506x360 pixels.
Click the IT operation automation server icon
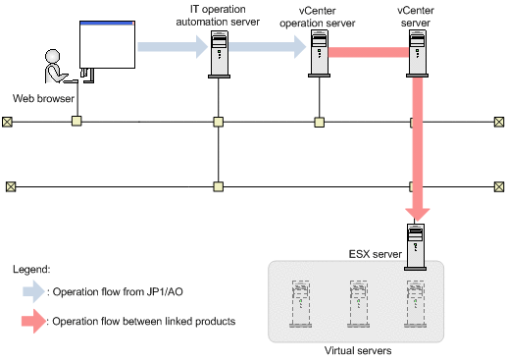click(x=219, y=54)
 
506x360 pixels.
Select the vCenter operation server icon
click(x=319, y=54)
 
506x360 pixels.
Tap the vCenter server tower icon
click(x=418, y=54)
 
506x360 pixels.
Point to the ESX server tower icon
click(x=415, y=247)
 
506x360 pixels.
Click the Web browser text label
click(x=43, y=98)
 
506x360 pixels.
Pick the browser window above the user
click(x=107, y=44)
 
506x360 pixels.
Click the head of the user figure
click(x=53, y=56)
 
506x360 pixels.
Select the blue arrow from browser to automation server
click(x=173, y=47)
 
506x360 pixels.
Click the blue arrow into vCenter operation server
click(x=268, y=47)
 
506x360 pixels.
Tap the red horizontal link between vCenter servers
click(x=369, y=52)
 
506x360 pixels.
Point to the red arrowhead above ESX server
click(x=418, y=214)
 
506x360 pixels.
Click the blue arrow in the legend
click(x=33, y=291)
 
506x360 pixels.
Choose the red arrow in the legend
click(x=33, y=321)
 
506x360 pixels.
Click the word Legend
click(x=31, y=270)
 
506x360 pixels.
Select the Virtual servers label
click(x=358, y=350)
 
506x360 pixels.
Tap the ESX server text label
click(x=376, y=254)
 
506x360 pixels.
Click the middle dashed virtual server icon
click(x=359, y=304)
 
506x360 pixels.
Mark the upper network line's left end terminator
click(x=7, y=122)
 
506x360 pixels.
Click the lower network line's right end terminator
click(x=499, y=187)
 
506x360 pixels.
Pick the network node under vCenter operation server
click(x=320, y=123)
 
